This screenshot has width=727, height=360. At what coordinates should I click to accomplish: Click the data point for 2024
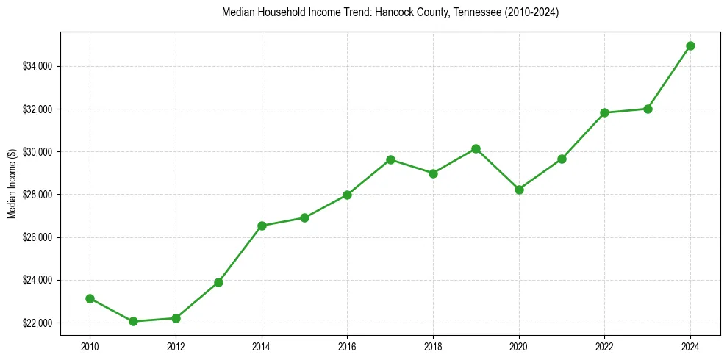point(690,46)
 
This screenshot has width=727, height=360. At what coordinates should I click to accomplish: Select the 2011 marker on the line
point(133,321)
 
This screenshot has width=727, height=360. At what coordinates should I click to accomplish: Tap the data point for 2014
point(262,226)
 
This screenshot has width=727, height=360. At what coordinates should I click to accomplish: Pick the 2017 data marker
point(390,159)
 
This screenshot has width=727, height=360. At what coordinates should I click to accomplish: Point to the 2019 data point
point(476,148)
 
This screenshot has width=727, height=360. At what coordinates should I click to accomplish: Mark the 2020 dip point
point(519,190)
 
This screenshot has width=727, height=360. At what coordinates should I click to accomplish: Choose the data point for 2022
point(604,112)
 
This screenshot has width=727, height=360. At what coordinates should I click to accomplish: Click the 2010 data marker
point(90,298)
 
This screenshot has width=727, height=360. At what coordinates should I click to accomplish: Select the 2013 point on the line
point(218,282)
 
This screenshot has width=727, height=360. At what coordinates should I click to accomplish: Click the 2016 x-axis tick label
point(347,346)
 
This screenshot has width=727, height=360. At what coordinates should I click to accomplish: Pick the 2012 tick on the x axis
point(176,346)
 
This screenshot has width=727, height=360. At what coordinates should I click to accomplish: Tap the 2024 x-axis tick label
point(690,346)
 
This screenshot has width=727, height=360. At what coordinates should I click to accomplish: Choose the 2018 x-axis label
point(433,346)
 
